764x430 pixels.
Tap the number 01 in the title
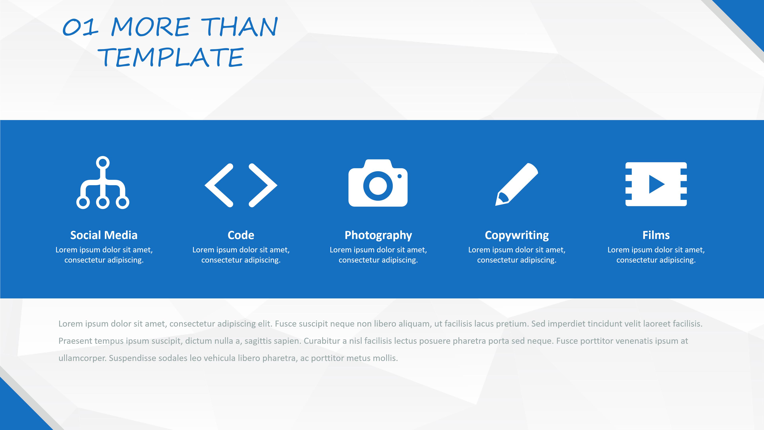click(x=80, y=27)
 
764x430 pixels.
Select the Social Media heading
click(x=104, y=235)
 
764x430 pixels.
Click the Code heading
click(x=241, y=235)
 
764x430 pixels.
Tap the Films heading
click(x=656, y=235)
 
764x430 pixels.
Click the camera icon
click(x=378, y=183)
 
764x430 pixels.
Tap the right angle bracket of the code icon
click(x=263, y=185)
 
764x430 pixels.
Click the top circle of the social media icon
click(x=103, y=163)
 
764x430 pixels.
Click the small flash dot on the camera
click(x=400, y=176)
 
